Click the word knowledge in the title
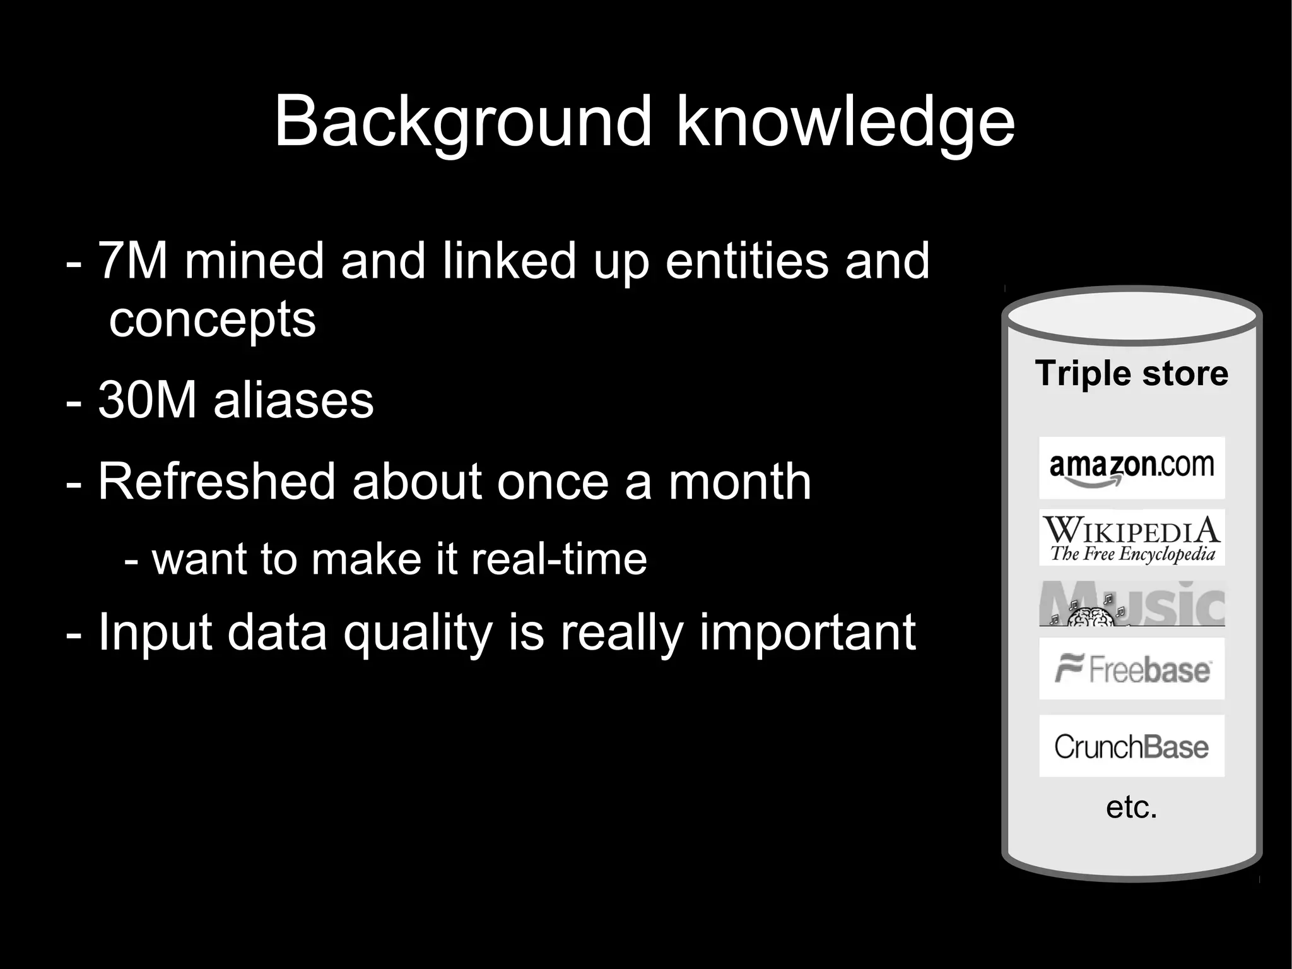click(845, 121)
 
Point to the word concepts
click(212, 319)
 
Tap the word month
click(739, 482)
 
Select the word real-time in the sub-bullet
click(559, 559)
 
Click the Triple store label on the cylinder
click(1132, 373)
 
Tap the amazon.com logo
click(1132, 468)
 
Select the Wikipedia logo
click(1132, 538)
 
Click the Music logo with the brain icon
click(1132, 604)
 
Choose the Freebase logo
click(1132, 669)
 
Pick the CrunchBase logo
click(1132, 746)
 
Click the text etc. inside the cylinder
click(1132, 807)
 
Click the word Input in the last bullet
click(155, 633)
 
